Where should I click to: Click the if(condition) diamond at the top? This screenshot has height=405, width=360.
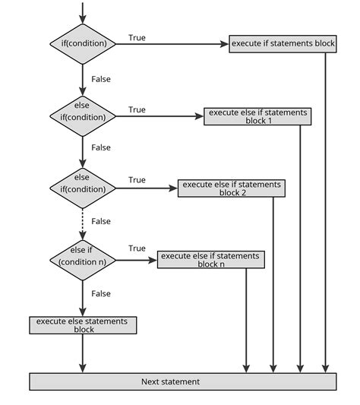point(83,43)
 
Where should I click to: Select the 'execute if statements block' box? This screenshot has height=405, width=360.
point(282,43)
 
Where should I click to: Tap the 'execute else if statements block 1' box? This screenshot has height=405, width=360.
point(257,116)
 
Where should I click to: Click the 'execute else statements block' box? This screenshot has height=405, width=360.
point(83,324)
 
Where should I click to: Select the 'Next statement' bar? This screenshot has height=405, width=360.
point(182,381)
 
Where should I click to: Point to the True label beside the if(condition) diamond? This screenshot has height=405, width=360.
point(137,37)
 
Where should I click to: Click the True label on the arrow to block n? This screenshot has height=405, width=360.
point(137,248)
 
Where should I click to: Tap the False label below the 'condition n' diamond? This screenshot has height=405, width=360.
point(100,293)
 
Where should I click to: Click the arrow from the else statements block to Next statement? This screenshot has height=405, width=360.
point(83,353)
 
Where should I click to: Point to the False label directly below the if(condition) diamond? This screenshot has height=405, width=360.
point(100,78)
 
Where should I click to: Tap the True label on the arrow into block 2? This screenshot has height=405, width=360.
point(137,180)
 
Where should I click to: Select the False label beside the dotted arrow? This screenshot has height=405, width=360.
point(100,221)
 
